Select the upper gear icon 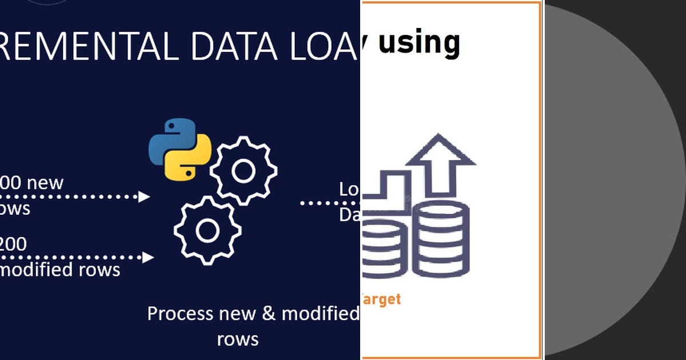[x=244, y=170]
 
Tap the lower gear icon [x=206, y=230]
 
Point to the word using [x=420, y=43]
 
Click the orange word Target [x=381, y=299]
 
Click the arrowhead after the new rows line [x=144, y=197]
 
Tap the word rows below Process [x=238, y=339]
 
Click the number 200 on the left [x=13, y=244]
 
